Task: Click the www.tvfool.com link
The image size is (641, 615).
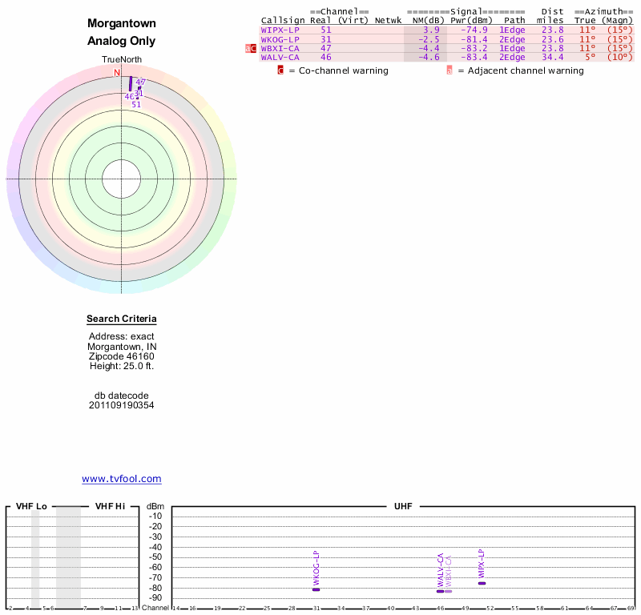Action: [x=122, y=479]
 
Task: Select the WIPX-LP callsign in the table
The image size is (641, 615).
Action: [x=280, y=30]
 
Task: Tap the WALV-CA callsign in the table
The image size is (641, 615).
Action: [x=280, y=57]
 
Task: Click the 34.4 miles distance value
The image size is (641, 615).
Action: [x=552, y=57]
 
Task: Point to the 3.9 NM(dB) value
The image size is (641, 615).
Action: [x=431, y=30]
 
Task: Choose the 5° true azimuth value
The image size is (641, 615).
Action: [x=590, y=57]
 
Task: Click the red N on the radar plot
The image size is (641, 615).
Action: [x=117, y=73]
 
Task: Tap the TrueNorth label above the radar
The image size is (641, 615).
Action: [x=122, y=60]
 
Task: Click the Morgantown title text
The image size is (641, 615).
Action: [x=122, y=24]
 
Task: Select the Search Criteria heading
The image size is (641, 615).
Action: [x=122, y=320]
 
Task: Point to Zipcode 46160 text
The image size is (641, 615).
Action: [x=122, y=356]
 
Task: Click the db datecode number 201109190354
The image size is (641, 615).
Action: [x=122, y=405]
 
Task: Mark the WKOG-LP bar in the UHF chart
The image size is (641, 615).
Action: [x=316, y=589]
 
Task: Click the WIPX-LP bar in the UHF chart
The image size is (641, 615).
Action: [x=482, y=583]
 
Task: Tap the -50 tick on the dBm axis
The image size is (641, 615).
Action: [x=155, y=557]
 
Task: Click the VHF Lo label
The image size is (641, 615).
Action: [x=32, y=506]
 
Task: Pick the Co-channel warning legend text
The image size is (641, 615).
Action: [x=338, y=70]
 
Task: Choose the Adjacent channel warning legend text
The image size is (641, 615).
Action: [x=520, y=70]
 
